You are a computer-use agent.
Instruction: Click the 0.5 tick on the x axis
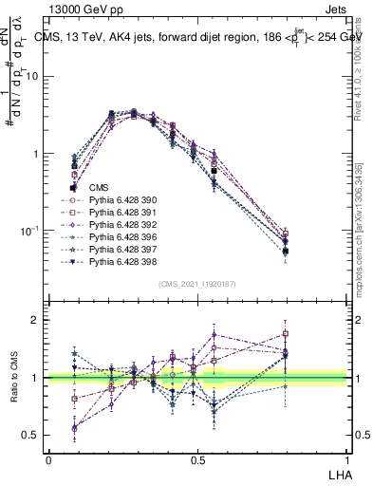(198, 458)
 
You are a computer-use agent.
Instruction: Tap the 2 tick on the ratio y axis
(38, 320)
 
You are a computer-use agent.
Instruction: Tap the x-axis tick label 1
(348, 458)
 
